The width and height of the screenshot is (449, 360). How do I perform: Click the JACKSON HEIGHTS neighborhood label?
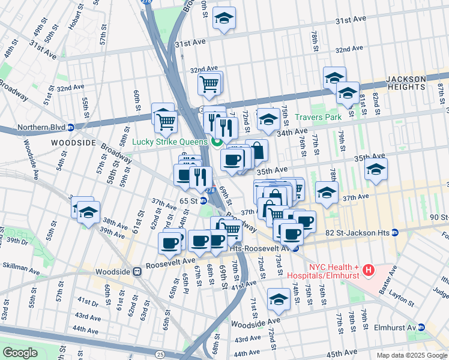tap(406, 83)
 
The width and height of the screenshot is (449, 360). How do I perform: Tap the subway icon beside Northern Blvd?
tap(70, 127)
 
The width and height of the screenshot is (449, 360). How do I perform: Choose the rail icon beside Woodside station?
tap(137, 271)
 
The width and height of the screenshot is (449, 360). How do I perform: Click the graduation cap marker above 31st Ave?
tap(224, 19)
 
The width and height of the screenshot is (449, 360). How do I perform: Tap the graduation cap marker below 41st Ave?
tap(279, 300)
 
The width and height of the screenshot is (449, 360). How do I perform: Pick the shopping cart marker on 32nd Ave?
tap(209, 83)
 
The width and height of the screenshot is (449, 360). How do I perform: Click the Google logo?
tap(20, 353)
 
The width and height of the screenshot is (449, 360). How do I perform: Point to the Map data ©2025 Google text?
tap(411, 355)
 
